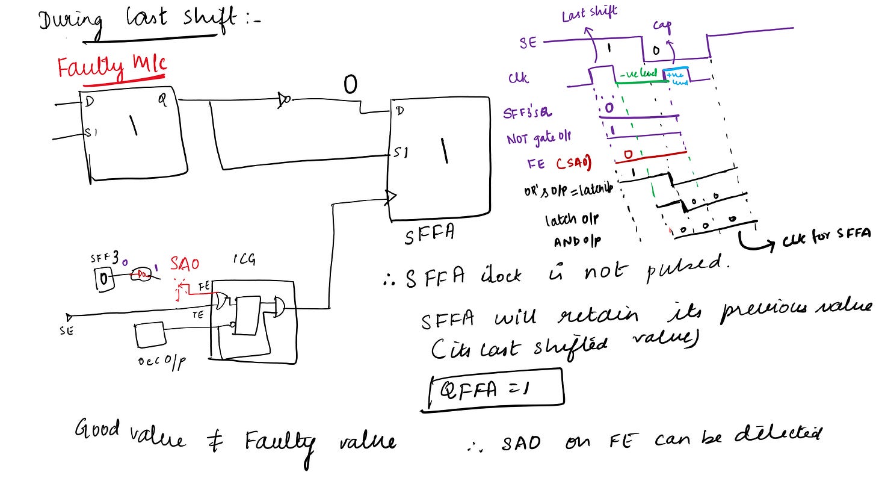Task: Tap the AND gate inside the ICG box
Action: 279,306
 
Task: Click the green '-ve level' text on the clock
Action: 641,73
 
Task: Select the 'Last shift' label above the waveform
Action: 589,13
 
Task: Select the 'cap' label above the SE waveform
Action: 662,26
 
